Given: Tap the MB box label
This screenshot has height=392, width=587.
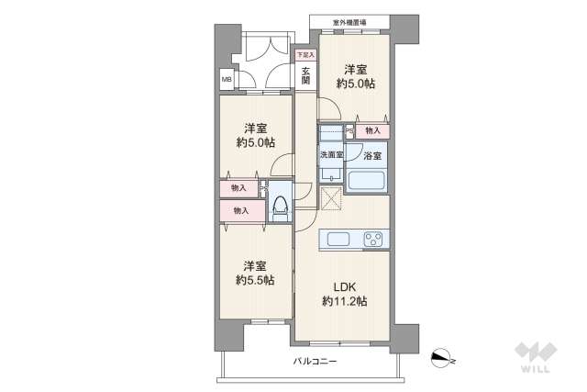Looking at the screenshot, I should point(226,79).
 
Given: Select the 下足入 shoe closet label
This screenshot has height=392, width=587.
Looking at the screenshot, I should point(304,56).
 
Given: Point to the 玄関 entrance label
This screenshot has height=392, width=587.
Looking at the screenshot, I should point(305,76).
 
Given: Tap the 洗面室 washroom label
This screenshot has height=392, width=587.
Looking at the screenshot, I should point(330,155).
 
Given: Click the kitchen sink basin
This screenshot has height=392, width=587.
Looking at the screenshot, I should point(338,240).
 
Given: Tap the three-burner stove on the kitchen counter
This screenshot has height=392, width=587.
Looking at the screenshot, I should point(373,240).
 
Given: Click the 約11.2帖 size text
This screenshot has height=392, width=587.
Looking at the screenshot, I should point(344,301).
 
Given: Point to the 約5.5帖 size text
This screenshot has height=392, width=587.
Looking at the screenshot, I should point(255,280).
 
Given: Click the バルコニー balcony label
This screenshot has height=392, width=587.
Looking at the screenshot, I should point(315,362).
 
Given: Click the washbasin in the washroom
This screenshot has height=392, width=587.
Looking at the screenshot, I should point(332,174).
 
